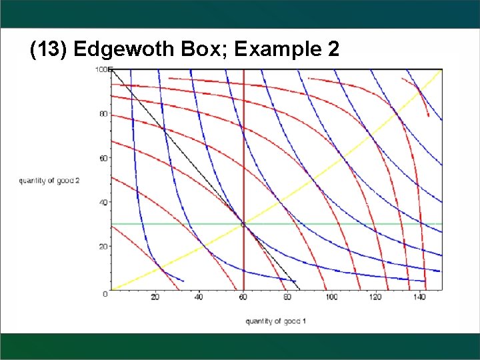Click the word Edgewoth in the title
tap(125, 49)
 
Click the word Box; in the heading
tap(199, 49)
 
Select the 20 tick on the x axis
tap(155, 297)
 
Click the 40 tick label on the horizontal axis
tap(199, 297)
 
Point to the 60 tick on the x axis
tap(243, 297)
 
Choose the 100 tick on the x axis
tap(331, 297)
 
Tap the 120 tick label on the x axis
tap(375, 297)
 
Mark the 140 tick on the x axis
tap(419, 297)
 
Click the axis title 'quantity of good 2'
tap(49, 181)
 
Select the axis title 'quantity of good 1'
tap(276, 321)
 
